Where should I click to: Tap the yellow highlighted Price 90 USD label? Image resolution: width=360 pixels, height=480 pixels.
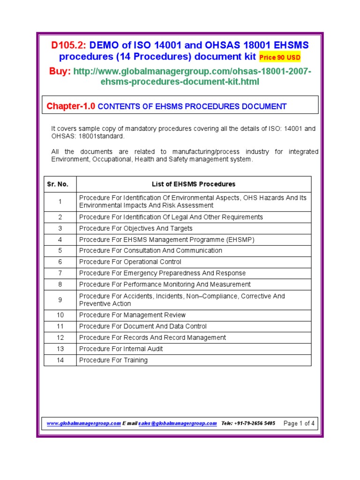point(280,58)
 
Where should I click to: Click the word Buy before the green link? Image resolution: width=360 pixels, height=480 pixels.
point(60,71)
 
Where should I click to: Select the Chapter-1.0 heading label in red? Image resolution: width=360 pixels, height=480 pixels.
point(71,106)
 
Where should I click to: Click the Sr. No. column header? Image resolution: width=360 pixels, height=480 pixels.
point(58,184)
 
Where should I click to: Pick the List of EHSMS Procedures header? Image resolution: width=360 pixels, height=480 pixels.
point(194,184)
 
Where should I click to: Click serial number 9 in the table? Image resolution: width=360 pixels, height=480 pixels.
point(60,300)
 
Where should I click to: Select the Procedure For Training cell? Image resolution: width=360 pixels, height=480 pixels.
point(113,360)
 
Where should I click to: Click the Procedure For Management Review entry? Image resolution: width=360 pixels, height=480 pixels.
point(132,315)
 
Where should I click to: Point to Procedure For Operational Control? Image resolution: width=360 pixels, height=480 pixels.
point(130,262)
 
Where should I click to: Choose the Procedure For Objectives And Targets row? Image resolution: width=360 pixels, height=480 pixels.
point(135,228)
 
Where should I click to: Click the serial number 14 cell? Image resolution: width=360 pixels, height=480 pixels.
point(60,360)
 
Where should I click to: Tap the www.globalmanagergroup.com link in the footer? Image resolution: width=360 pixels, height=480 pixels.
point(83,423)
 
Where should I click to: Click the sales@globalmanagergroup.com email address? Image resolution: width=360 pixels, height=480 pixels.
point(178,423)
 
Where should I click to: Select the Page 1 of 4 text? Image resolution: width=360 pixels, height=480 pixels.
point(299,423)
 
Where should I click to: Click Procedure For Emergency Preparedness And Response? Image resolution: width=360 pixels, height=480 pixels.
point(162,273)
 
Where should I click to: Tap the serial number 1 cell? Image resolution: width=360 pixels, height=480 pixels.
point(60,202)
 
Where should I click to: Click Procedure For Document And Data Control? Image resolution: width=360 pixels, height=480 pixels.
point(142,326)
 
